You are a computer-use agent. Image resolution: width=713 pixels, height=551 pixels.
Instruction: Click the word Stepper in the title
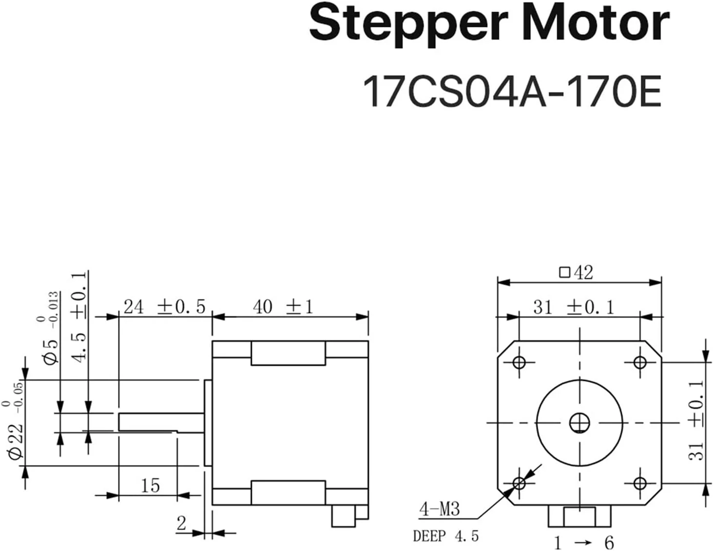coord(408,25)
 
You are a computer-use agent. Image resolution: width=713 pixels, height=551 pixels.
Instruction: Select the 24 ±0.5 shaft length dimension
coord(164,307)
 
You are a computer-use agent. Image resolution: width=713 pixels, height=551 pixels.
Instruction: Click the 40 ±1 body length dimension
coord(283,307)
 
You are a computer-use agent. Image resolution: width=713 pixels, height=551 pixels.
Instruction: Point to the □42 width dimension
coord(576,273)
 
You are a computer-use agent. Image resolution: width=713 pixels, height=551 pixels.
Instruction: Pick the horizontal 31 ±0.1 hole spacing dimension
coord(574,308)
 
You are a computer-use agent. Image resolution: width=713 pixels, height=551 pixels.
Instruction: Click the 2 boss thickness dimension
coord(181,523)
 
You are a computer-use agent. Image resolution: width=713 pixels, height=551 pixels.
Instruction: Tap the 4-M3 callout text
coord(439,510)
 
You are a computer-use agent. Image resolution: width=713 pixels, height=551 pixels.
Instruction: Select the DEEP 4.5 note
coord(446,536)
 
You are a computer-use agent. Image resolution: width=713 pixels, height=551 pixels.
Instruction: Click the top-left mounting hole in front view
coord(519,363)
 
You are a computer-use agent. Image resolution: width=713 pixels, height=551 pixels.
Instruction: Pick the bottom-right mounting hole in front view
coord(640,483)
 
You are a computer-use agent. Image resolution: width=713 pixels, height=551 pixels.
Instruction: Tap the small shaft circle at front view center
coord(580,423)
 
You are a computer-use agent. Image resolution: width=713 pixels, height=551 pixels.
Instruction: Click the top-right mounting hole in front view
coord(640,363)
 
